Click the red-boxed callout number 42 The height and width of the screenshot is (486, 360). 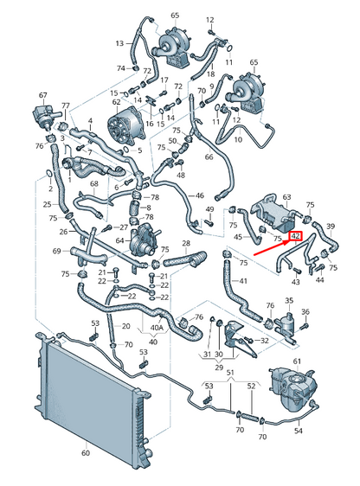point(295,236)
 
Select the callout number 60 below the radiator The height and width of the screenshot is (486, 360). point(86,453)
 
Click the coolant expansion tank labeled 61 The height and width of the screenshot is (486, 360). point(293,389)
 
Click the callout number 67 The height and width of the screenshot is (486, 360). point(42,95)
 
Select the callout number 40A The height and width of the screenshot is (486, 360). point(157,327)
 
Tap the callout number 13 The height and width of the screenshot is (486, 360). point(119,43)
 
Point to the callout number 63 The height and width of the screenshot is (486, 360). point(286,197)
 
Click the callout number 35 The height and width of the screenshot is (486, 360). point(289,300)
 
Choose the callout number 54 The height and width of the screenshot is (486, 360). point(298,431)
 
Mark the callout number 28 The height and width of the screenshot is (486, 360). point(186,243)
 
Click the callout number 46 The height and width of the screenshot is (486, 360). point(200,195)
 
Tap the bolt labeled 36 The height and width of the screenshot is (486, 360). point(305,326)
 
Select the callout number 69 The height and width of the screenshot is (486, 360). point(57,251)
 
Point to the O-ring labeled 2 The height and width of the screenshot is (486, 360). point(49,174)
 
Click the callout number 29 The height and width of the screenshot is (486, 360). point(219,368)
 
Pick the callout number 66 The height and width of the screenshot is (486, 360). point(209,157)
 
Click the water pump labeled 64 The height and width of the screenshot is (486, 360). point(144,240)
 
